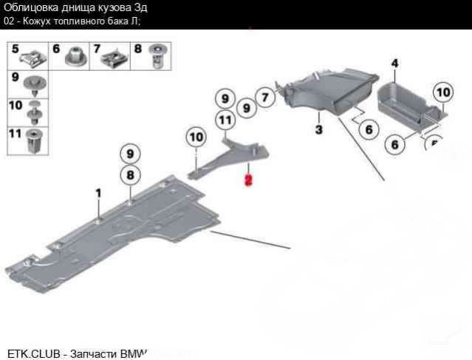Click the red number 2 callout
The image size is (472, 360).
pos(249,180)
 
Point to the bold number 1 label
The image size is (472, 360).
pos(97,193)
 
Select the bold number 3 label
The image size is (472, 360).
pos(318,130)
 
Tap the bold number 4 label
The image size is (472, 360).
pos(394,64)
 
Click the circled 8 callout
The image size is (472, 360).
pos(130,175)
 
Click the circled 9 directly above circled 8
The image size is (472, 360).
pos(130,154)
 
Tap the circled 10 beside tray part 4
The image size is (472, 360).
pos(442,92)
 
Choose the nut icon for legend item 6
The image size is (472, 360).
pos(75,55)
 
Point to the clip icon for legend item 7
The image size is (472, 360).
pos(115,55)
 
